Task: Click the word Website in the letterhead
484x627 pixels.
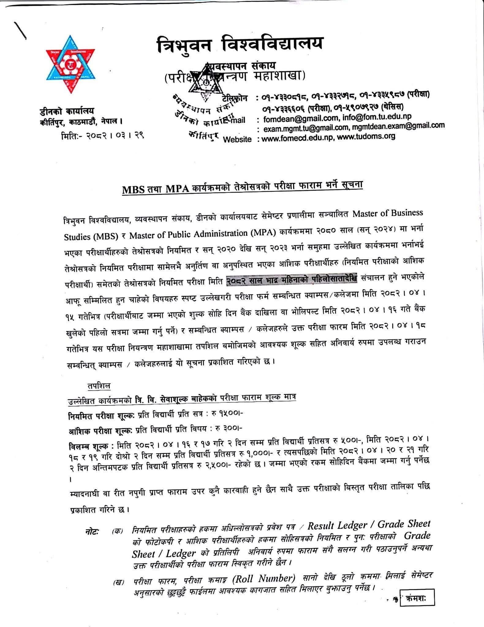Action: pos(237,139)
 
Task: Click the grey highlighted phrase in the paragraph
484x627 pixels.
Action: pos(292,280)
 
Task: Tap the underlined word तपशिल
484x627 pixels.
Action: pos(98,386)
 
